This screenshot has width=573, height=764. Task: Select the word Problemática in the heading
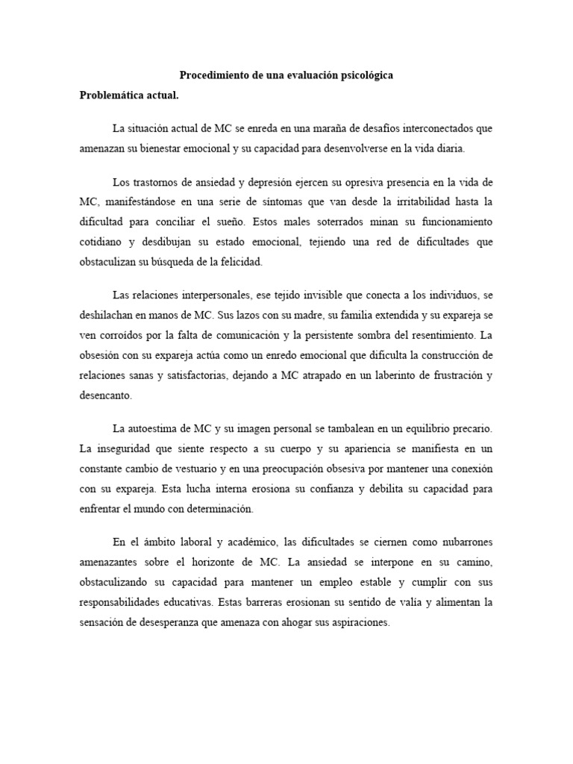113,95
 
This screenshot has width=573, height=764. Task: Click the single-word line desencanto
105,395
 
